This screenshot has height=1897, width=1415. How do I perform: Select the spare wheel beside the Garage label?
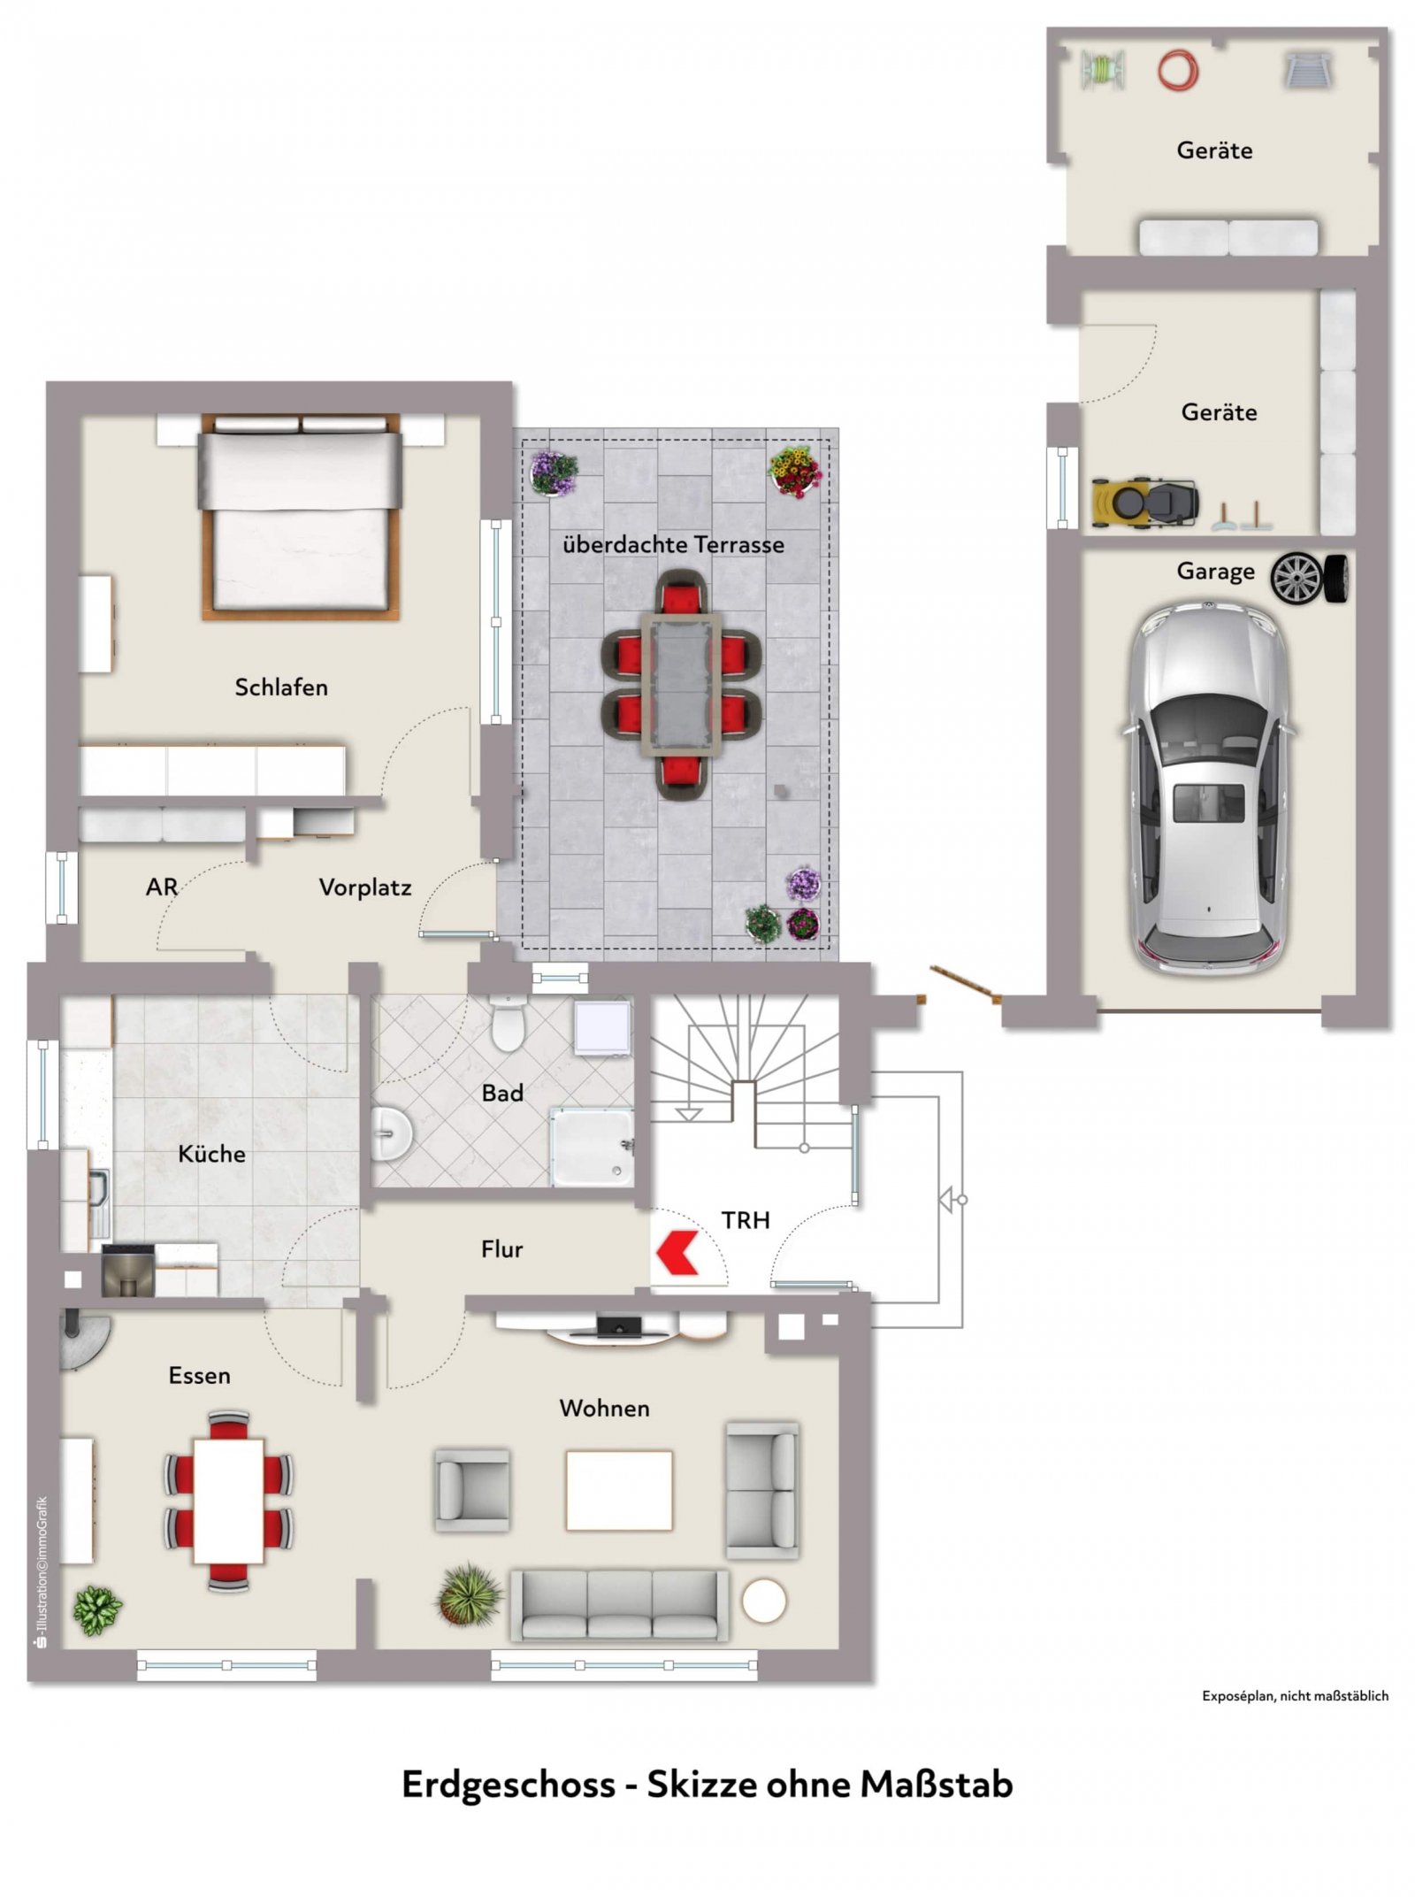[1311, 579]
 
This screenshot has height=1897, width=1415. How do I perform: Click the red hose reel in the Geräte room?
[1178, 69]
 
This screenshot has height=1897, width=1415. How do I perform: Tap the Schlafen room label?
[281, 687]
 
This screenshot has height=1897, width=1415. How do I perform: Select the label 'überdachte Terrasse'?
[673, 544]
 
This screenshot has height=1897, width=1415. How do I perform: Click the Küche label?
[211, 1154]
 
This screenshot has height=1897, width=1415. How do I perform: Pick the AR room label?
[162, 887]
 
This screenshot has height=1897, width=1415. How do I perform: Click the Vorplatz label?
[365, 887]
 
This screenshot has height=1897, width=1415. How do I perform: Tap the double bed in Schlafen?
[301, 516]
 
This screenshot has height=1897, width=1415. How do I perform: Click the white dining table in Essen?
[229, 1501]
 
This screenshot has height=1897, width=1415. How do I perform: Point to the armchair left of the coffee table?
[472, 1490]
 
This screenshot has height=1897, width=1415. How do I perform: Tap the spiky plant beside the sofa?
[470, 1594]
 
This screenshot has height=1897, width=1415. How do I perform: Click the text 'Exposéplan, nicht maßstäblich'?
[1295, 1696]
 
